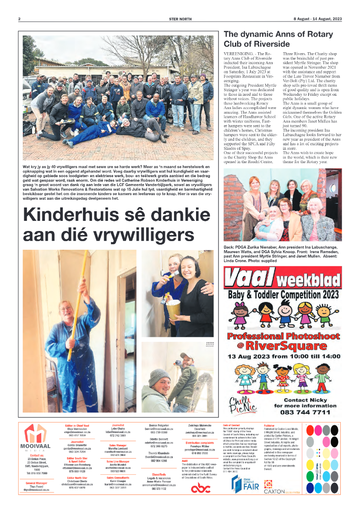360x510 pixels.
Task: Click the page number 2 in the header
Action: coord(19,19)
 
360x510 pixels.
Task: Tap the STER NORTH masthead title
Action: coord(180,19)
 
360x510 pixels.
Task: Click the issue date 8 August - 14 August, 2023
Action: coord(317,19)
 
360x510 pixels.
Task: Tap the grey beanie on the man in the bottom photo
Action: coord(160,377)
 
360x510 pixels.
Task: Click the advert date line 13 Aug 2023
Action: coord(281,356)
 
